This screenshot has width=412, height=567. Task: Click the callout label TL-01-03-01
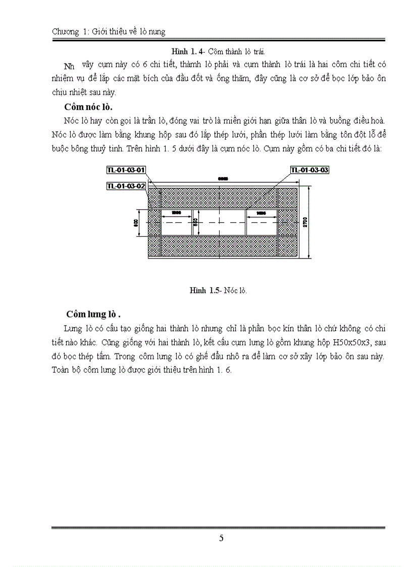point(126,170)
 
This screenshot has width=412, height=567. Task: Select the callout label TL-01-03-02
point(126,186)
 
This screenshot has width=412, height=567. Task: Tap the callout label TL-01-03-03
point(310,170)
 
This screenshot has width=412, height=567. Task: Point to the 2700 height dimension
point(305,223)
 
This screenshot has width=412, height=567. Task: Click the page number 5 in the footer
point(221,538)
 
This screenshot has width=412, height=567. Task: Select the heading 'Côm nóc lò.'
point(88,107)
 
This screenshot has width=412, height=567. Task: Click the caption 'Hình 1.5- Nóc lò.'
point(218,290)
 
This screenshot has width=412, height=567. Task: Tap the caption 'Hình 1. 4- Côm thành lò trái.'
point(218,51)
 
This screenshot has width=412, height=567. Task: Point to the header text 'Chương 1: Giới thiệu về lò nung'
point(109,32)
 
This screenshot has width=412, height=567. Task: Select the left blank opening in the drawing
point(176,223)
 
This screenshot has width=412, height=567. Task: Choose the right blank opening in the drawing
point(262,223)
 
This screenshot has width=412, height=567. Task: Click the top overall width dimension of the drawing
point(222,179)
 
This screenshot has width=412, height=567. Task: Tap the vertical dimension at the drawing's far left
point(136,223)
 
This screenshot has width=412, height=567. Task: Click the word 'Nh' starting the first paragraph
point(69,66)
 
